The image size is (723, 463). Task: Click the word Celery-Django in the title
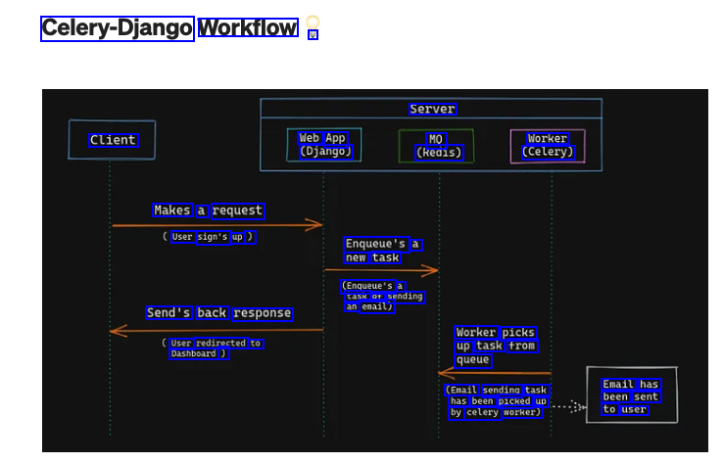point(117,28)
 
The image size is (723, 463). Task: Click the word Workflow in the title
point(248,28)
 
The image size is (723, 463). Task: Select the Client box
point(112,140)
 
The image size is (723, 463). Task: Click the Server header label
point(432,109)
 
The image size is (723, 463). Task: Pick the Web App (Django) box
point(323,145)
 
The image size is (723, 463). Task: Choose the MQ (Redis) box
point(437,146)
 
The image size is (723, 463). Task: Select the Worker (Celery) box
point(548,146)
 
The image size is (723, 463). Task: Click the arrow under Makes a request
point(217,225)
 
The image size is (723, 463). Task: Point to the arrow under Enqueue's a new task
point(381,269)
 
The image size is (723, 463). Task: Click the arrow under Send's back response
point(217,331)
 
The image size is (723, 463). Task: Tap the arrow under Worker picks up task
point(494,373)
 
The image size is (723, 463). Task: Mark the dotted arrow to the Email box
point(568,406)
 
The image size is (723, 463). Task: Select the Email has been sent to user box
point(631,396)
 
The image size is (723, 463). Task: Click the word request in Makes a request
point(237,210)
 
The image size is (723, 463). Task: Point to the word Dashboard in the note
point(193,353)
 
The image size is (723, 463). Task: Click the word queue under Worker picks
point(472,359)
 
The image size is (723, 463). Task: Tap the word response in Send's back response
point(262,313)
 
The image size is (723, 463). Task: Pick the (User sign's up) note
point(209,236)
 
